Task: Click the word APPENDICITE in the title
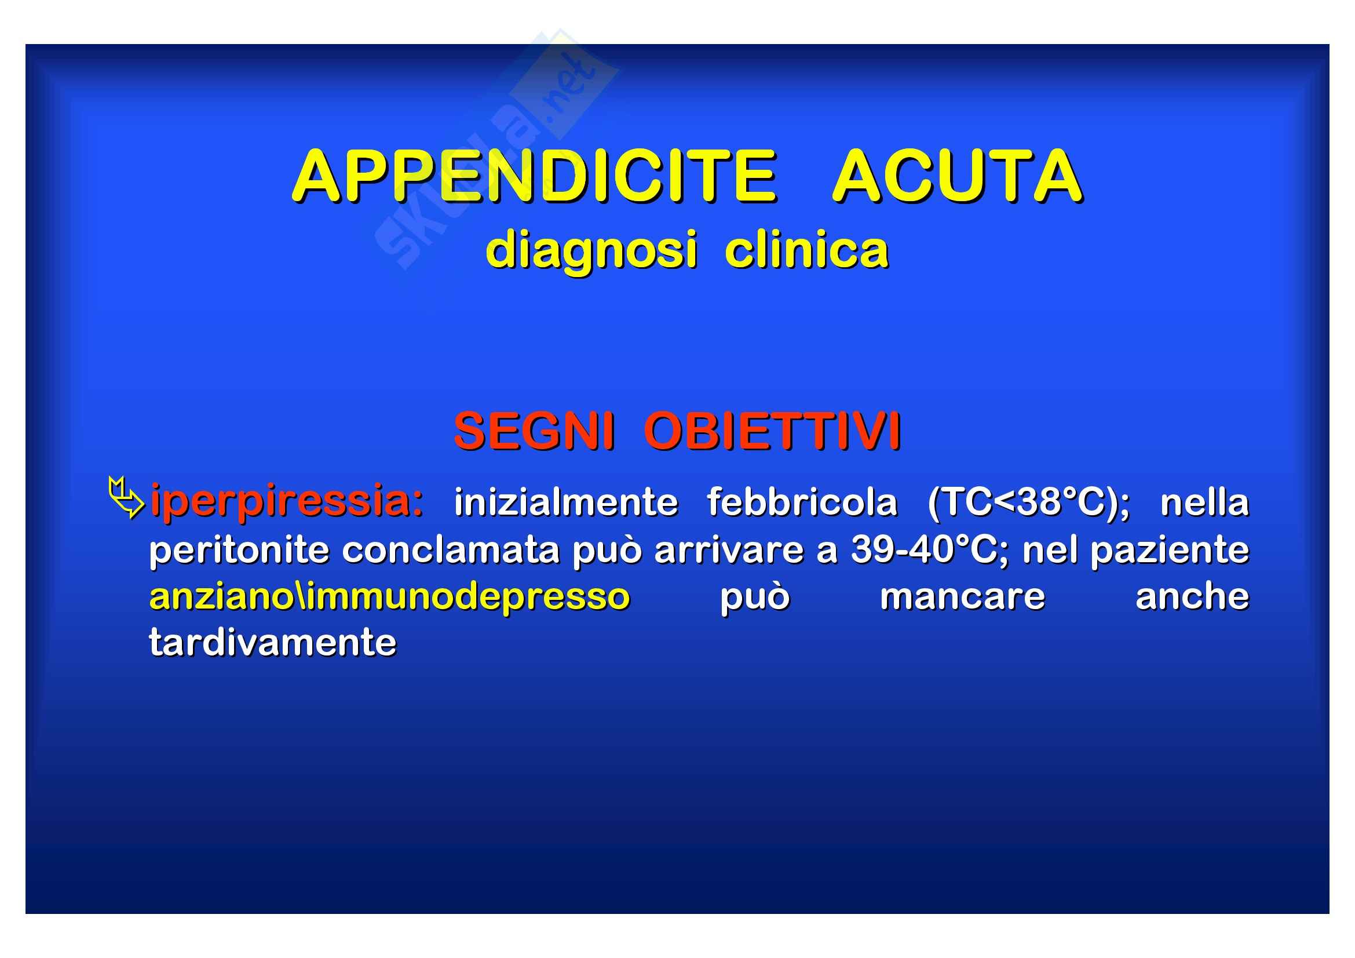pos(535,177)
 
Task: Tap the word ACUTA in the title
pos(958,177)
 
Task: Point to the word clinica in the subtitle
pos(807,249)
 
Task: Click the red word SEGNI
pos(534,431)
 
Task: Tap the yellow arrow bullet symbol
pos(126,498)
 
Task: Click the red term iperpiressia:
pos(287,501)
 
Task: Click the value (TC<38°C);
pos(1029,503)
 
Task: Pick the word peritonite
pos(239,550)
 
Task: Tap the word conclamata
pos(451,550)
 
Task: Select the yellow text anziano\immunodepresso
pos(390,597)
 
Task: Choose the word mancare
pos(963,597)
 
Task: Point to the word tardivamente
pos(273,642)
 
